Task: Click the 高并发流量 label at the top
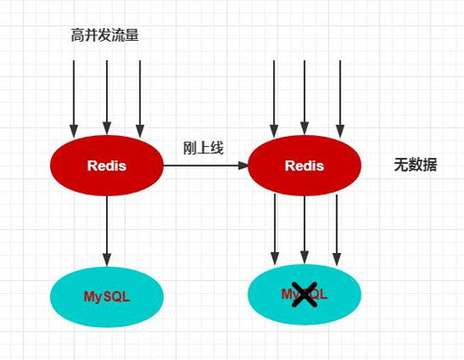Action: coord(105,35)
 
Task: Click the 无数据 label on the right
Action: coord(415,165)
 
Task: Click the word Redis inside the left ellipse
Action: coord(107,167)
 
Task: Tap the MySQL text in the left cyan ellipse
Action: coord(107,297)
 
